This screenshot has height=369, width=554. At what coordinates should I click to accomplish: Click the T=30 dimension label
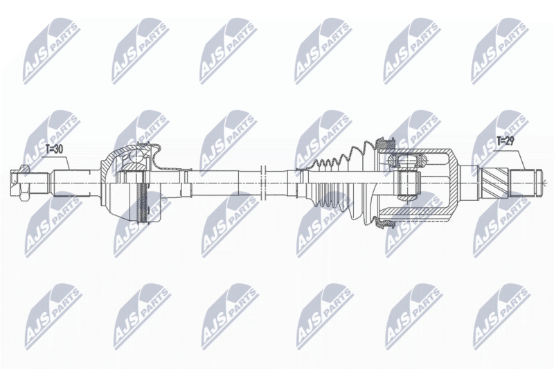tap(55, 150)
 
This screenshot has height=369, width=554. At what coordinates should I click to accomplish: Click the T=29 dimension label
tap(506, 142)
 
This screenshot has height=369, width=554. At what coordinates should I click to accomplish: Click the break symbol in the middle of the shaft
tap(262, 183)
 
